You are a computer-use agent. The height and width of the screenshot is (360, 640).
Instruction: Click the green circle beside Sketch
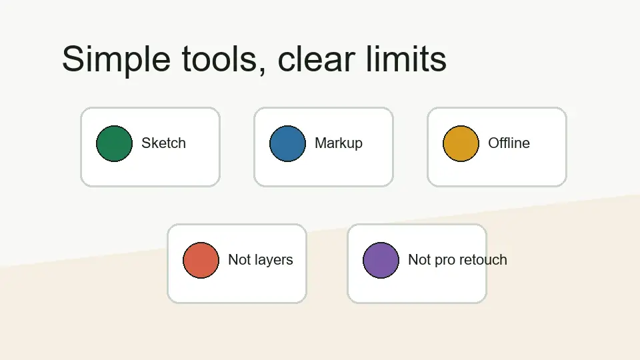click(114, 143)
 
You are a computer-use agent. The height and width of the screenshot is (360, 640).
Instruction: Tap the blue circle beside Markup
click(287, 143)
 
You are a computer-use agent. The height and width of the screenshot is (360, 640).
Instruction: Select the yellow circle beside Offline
click(461, 143)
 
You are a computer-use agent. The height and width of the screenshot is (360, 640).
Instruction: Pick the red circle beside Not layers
click(201, 260)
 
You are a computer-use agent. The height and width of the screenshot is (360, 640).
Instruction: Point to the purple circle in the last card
click(381, 260)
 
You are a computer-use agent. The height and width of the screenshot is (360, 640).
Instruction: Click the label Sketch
click(163, 143)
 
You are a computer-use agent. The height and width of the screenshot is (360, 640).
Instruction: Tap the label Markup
click(339, 143)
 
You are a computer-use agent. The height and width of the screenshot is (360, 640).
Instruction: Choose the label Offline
click(509, 143)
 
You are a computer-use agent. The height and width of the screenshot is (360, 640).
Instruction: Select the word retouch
click(481, 260)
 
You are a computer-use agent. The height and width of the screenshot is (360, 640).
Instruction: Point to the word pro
click(443, 261)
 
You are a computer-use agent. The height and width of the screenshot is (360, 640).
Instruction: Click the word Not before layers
click(239, 260)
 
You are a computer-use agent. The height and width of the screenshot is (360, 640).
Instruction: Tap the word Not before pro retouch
click(419, 260)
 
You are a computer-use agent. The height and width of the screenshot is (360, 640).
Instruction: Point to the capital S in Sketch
click(146, 143)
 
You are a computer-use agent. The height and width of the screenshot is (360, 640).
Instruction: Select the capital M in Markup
click(320, 143)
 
